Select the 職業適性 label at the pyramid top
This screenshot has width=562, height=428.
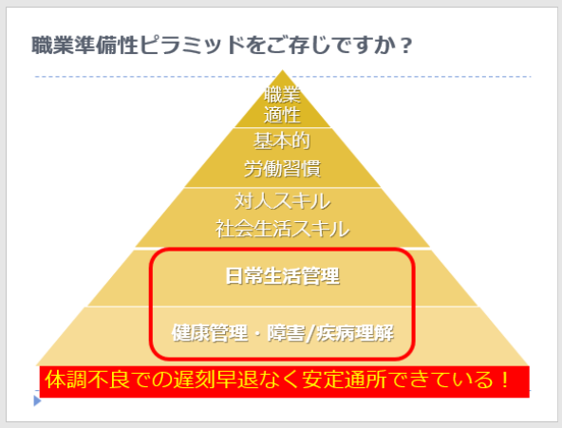[282, 105]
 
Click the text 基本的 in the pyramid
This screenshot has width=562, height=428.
[282, 140]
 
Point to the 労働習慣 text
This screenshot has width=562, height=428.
[282, 168]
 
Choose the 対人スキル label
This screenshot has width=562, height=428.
[282, 201]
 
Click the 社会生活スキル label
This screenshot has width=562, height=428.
[282, 229]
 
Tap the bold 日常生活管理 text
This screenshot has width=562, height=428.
[282, 276]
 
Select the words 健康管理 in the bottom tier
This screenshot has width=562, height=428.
[210, 333]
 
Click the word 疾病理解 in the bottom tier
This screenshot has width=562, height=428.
[355, 333]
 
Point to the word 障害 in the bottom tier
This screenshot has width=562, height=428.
[286, 333]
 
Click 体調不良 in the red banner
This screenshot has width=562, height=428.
[87, 380]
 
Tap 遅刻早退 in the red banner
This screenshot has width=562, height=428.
[215, 380]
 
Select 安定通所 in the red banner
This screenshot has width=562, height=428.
[344, 380]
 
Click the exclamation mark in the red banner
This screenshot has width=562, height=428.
[505, 380]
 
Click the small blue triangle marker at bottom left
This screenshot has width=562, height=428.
[37, 400]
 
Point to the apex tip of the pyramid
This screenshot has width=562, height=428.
[282, 70]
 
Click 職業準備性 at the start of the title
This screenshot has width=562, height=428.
[84, 46]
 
